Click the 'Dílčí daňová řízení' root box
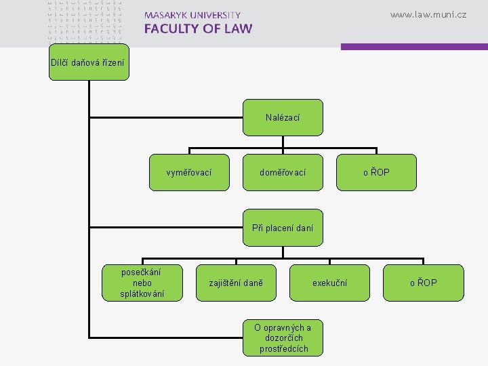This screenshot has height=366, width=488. pyautogui.click(x=88, y=63)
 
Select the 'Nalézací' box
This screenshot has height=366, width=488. pyautogui.click(x=283, y=118)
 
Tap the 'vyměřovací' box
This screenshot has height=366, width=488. pyautogui.click(x=188, y=173)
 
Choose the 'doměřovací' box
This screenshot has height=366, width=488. pyautogui.click(x=283, y=173)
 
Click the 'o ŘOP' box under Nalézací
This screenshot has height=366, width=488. pyautogui.click(x=376, y=173)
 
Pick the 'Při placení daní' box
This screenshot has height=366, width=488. pyautogui.click(x=283, y=228)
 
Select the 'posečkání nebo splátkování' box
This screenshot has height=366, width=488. pyautogui.click(x=142, y=283)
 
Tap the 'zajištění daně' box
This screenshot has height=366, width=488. pyautogui.click(x=236, y=283)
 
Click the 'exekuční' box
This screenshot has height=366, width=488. pyautogui.click(x=329, y=283)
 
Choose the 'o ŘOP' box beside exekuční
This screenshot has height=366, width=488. pyautogui.click(x=424, y=283)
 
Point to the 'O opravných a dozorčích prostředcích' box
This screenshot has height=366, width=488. pyautogui.click(x=283, y=338)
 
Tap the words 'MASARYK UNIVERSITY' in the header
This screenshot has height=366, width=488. pyautogui.click(x=192, y=15)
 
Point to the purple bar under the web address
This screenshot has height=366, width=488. pyautogui.click(x=413, y=47)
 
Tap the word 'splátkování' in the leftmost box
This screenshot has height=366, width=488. pyautogui.click(x=142, y=294)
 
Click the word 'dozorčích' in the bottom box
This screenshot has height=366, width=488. pyautogui.click(x=283, y=338)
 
